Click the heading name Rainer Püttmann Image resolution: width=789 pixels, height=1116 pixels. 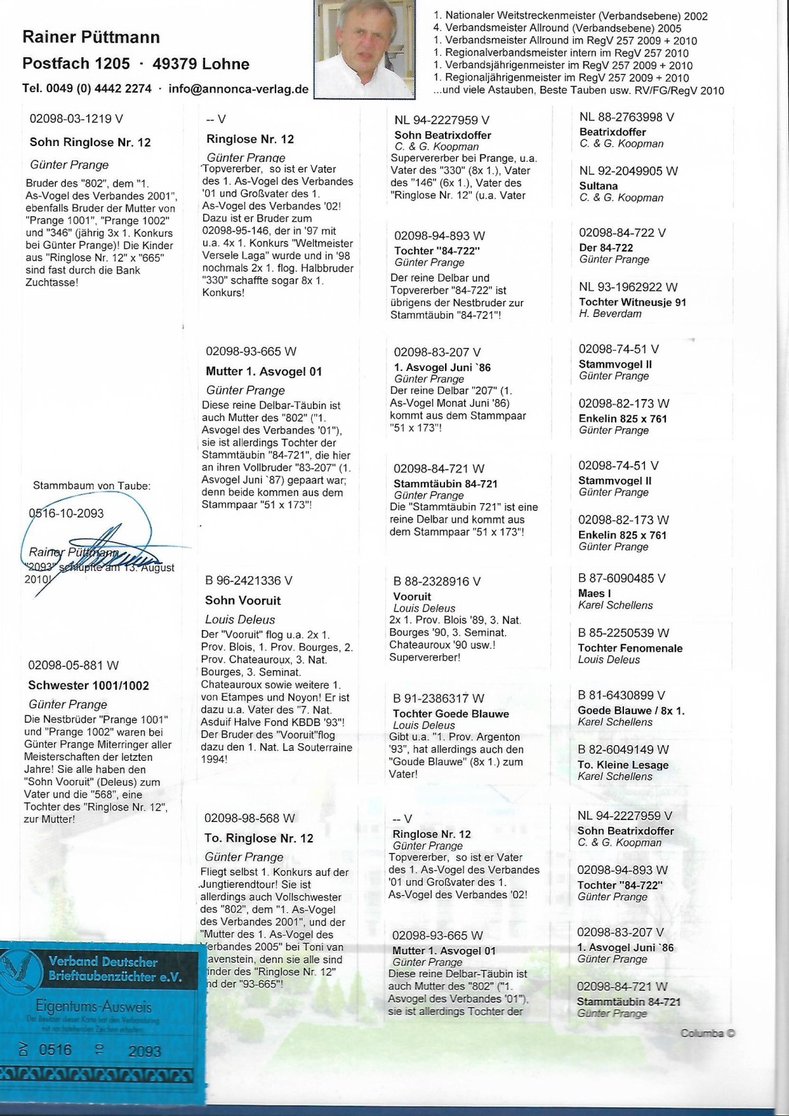(x=91, y=37)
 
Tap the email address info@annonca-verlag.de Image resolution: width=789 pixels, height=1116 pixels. (x=238, y=89)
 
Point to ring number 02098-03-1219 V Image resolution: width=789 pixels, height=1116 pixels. (x=76, y=119)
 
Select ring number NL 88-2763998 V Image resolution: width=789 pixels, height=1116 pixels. (x=626, y=117)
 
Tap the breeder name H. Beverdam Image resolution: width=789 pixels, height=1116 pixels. (x=610, y=314)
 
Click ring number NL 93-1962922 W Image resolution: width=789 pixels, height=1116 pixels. (x=628, y=287)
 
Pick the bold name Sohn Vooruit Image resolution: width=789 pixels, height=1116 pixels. (x=243, y=600)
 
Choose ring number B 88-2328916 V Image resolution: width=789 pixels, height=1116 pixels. (x=437, y=581)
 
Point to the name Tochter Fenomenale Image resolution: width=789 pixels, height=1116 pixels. (x=630, y=648)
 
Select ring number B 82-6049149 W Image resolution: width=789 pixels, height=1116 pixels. (x=623, y=749)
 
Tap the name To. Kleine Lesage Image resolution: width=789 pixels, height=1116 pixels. (x=623, y=765)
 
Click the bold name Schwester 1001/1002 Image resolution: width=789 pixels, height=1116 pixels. (x=88, y=685)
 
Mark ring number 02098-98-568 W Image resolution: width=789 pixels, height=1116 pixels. (x=250, y=818)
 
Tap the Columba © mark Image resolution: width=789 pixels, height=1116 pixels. (x=707, y=1033)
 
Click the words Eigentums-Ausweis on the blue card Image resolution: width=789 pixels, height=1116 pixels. (x=93, y=1007)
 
